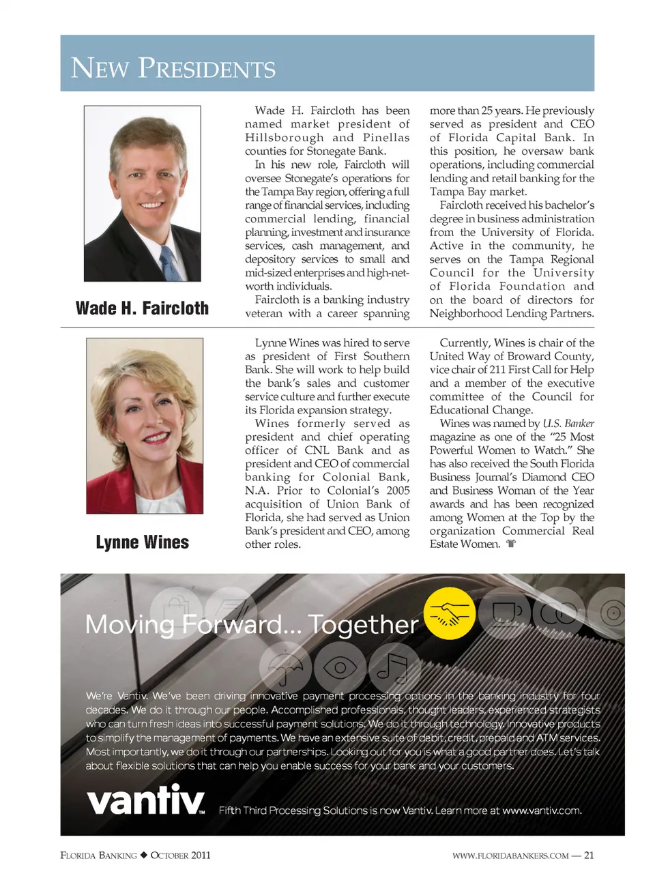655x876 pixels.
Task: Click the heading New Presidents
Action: [x=173, y=68]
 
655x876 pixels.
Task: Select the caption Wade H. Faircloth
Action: [x=142, y=308]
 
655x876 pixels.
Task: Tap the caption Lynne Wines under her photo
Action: [x=142, y=542]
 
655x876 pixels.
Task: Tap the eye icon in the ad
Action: [x=340, y=667]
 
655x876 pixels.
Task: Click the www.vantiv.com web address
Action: [x=541, y=811]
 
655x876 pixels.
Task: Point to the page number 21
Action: [x=589, y=856]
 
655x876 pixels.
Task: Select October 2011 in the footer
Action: [x=180, y=856]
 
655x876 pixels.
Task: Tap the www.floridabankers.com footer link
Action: [x=510, y=856]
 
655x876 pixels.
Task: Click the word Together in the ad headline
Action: [x=363, y=625]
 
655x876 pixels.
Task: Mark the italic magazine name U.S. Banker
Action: [x=568, y=424]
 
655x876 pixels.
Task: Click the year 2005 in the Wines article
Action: [x=397, y=491]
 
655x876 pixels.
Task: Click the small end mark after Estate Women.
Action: [x=511, y=544]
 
